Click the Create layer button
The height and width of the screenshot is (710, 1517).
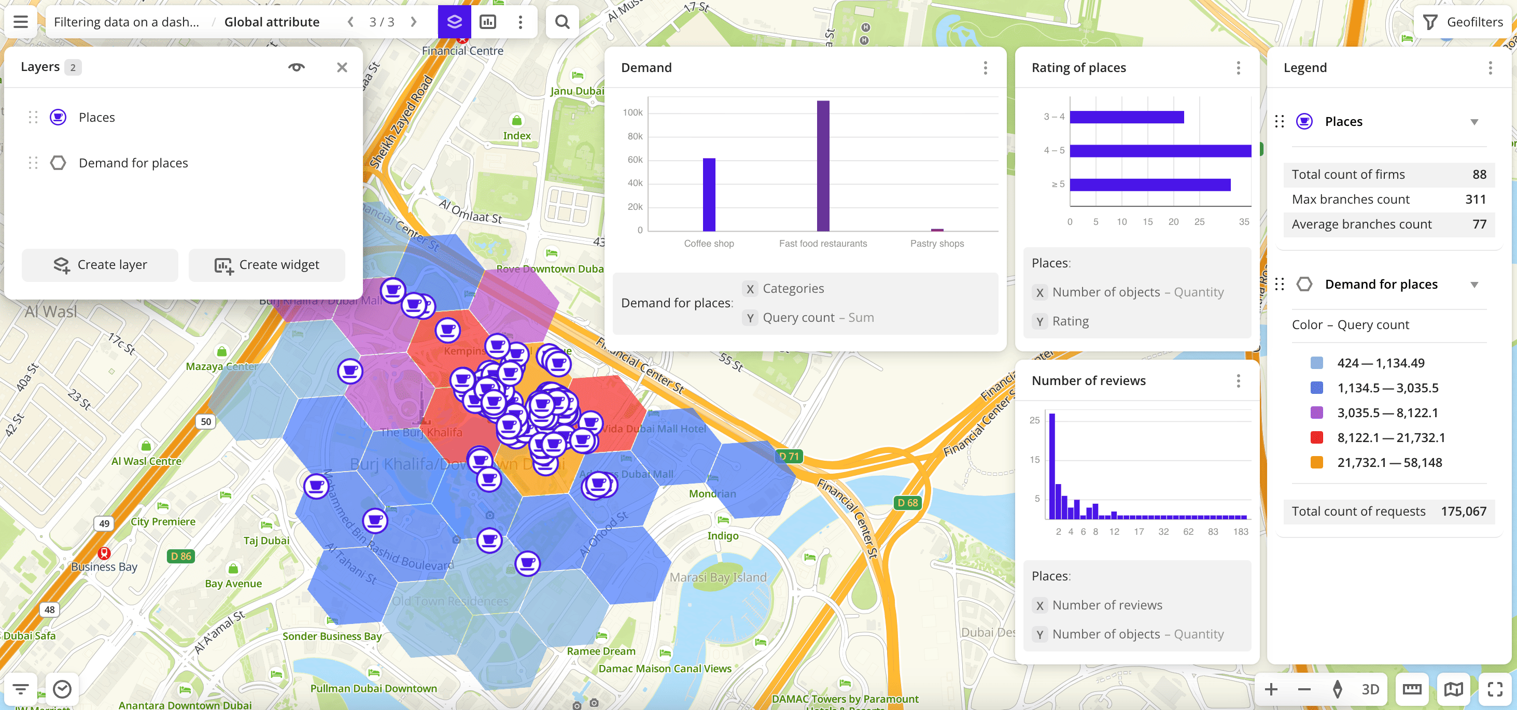point(100,265)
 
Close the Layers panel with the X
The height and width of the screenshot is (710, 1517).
point(342,67)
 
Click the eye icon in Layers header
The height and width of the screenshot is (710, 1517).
point(296,67)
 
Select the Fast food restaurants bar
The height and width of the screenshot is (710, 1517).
point(823,166)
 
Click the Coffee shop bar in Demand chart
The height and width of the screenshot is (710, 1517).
point(709,194)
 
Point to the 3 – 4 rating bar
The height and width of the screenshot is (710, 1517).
point(1126,117)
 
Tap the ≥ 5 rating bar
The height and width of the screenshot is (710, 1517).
point(1149,185)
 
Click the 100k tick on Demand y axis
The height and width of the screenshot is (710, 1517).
point(633,112)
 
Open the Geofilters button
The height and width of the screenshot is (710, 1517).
point(1464,22)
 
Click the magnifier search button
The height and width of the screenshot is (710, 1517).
point(563,22)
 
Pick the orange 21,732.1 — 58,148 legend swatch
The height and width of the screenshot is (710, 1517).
point(1317,463)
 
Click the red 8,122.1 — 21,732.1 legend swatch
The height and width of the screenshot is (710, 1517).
point(1317,438)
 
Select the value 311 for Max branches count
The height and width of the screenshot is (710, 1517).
point(1475,200)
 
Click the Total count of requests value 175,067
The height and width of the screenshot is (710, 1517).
point(1464,512)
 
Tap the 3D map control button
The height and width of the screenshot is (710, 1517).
point(1370,689)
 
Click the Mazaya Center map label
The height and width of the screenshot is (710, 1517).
point(221,366)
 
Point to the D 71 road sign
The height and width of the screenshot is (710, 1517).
point(789,456)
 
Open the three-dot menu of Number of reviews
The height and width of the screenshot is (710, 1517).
point(1239,381)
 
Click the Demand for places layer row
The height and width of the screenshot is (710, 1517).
point(133,163)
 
